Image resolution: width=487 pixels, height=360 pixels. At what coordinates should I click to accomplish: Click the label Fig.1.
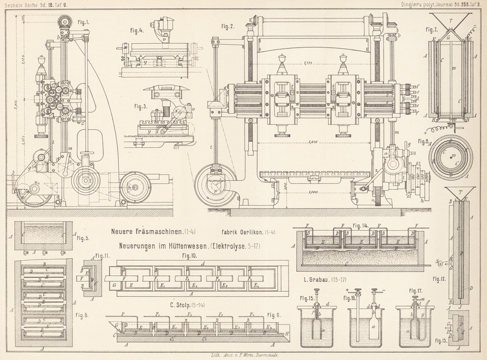coord(83,23)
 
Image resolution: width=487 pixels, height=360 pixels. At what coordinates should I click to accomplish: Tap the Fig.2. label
coord(228,26)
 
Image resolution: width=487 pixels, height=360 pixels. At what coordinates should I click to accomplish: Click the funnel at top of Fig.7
coord(451,26)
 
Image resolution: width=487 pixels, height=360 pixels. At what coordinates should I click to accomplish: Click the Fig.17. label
coord(415,291)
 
